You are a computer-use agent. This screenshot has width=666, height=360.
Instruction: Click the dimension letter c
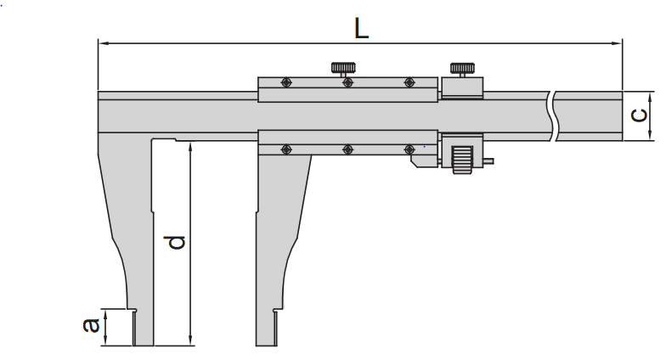click(x=639, y=115)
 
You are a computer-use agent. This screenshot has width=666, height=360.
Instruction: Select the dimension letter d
click(x=176, y=243)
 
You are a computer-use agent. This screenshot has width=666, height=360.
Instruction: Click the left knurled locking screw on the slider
click(x=344, y=68)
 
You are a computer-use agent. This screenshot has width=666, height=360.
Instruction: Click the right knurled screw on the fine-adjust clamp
click(x=462, y=68)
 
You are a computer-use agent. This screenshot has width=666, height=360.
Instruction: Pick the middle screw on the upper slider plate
click(x=347, y=82)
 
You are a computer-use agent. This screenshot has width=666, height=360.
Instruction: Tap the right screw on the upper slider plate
click(x=409, y=82)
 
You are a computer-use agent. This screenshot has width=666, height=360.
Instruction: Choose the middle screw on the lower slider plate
click(x=347, y=149)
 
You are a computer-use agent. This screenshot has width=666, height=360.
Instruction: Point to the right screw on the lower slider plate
click(x=409, y=149)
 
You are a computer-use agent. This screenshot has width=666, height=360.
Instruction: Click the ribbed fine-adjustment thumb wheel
click(x=461, y=159)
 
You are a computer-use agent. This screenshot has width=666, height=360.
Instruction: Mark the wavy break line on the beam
click(x=552, y=114)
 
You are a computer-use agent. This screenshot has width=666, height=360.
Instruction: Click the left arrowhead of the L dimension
click(x=102, y=42)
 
